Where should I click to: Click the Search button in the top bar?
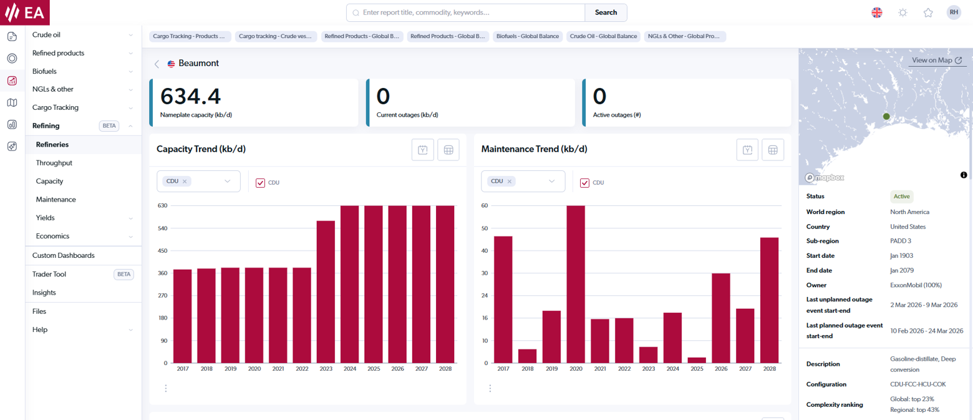click(605, 12)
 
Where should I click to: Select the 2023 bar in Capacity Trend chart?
click(326, 291)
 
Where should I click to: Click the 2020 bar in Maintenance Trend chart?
click(576, 284)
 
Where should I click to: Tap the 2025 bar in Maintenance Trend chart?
click(697, 360)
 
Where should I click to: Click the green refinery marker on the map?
click(886, 116)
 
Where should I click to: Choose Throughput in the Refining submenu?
click(54, 163)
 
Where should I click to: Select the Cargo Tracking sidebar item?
click(56, 107)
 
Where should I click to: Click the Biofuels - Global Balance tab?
click(528, 37)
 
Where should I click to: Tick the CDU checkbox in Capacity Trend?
click(261, 183)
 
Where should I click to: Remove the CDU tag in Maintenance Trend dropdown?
click(510, 182)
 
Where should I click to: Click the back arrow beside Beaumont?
click(157, 64)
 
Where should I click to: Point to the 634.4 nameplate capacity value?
click(190, 97)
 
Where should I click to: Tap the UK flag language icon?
click(877, 12)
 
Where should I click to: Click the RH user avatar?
click(953, 12)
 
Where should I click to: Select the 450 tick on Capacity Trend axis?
click(162, 251)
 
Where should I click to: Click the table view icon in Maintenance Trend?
click(772, 150)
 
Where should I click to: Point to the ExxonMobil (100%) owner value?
click(916, 285)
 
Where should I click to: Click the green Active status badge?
click(901, 196)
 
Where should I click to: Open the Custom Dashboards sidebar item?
click(64, 255)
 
